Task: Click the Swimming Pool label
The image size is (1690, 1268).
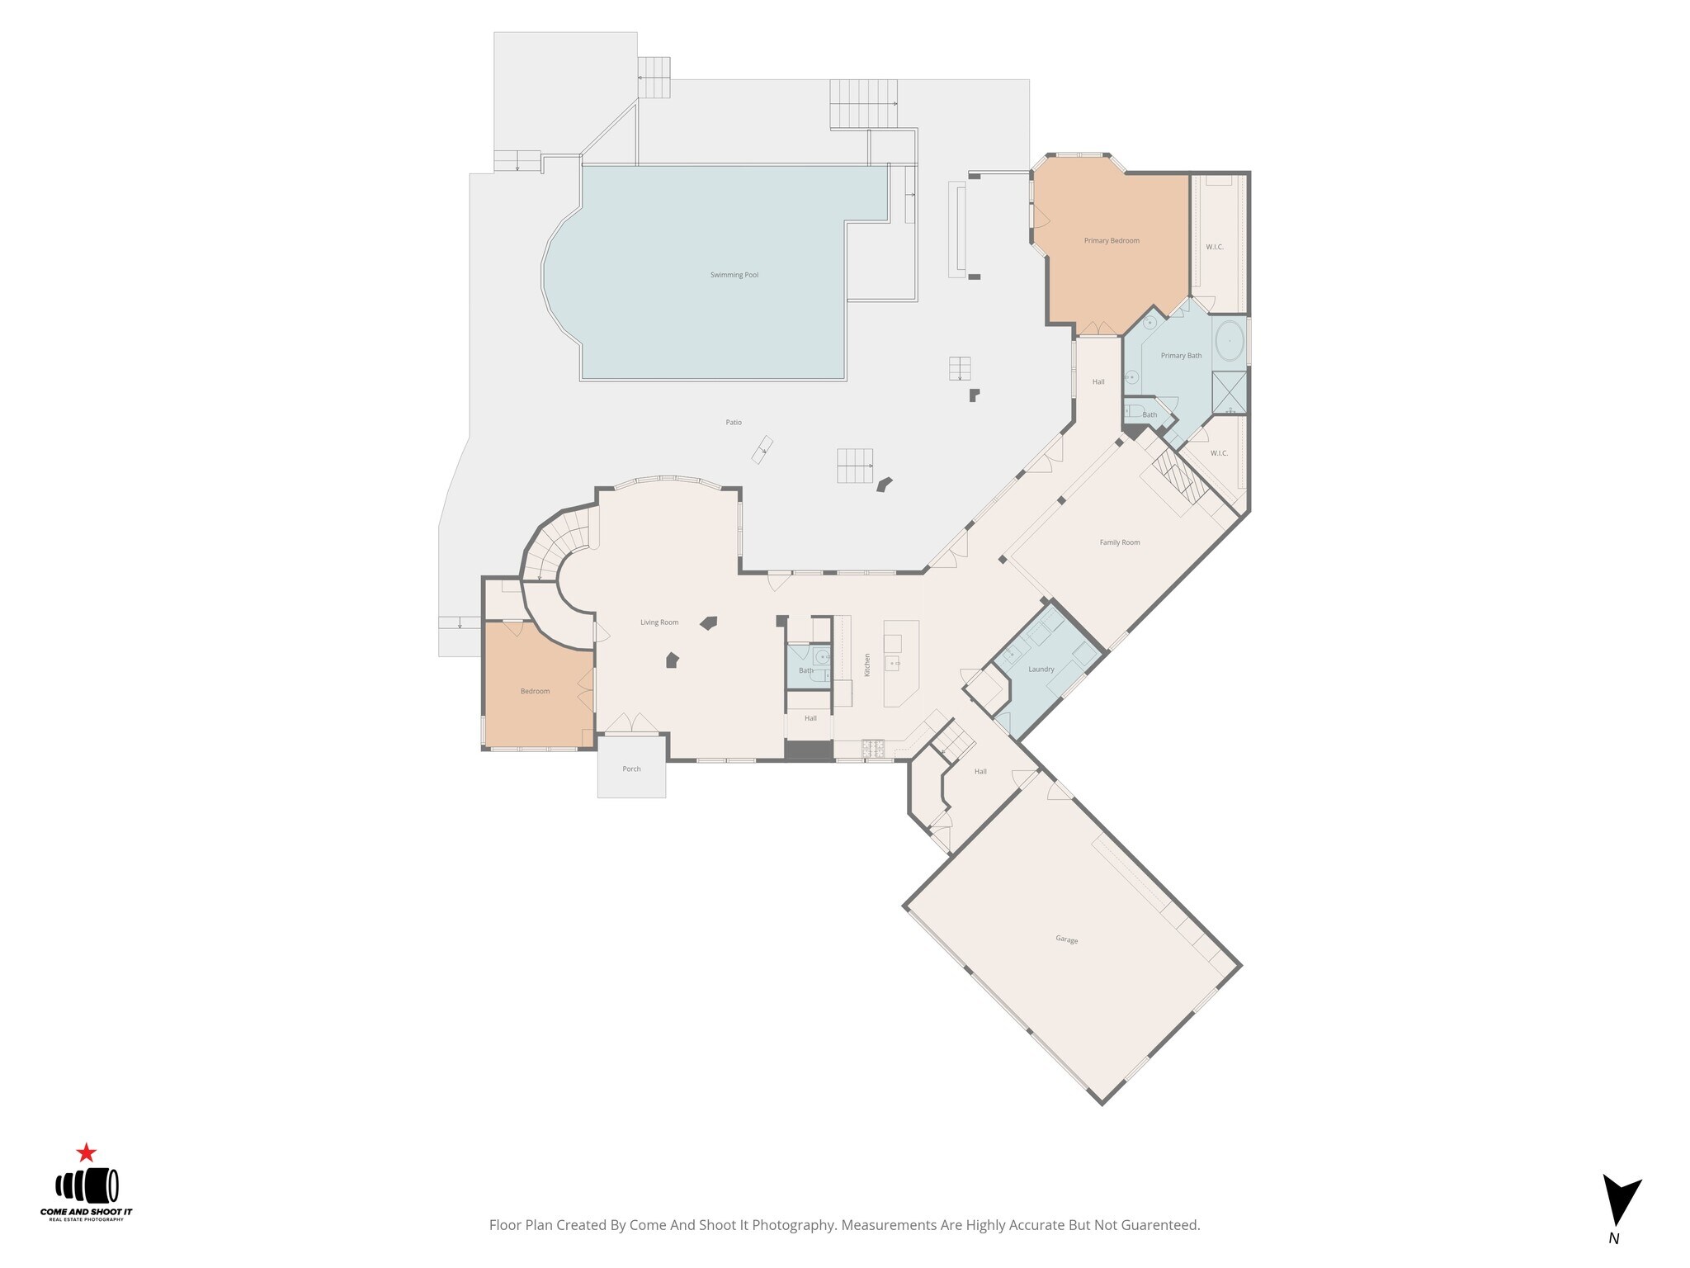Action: pyautogui.click(x=734, y=275)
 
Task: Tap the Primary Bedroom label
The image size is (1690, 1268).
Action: pyautogui.click(x=1112, y=241)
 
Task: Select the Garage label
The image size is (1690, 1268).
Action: pyautogui.click(x=1066, y=939)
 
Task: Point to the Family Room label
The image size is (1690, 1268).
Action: pyautogui.click(x=1120, y=542)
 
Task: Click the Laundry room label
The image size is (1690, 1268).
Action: pyautogui.click(x=1041, y=669)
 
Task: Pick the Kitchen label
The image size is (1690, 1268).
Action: pyautogui.click(x=867, y=665)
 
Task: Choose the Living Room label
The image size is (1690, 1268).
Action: pyautogui.click(x=659, y=622)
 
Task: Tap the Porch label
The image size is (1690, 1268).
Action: pyautogui.click(x=631, y=769)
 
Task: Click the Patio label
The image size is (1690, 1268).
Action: pyautogui.click(x=734, y=423)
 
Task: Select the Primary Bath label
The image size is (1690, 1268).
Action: pyautogui.click(x=1181, y=356)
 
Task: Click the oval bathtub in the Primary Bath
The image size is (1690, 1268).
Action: pyautogui.click(x=1230, y=340)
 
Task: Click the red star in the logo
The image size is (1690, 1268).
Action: pyautogui.click(x=86, y=1152)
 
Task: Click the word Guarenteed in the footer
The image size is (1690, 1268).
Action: pyautogui.click(x=1159, y=1225)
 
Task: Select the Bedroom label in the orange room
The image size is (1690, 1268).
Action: pyautogui.click(x=535, y=692)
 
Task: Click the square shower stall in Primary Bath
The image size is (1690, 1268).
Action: pyautogui.click(x=1230, y=393)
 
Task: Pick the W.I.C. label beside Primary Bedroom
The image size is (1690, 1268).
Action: pyautogui.click(x=1215, y=248)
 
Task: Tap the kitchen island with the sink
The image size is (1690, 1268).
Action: pyautogui.click(x=900, y=663)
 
